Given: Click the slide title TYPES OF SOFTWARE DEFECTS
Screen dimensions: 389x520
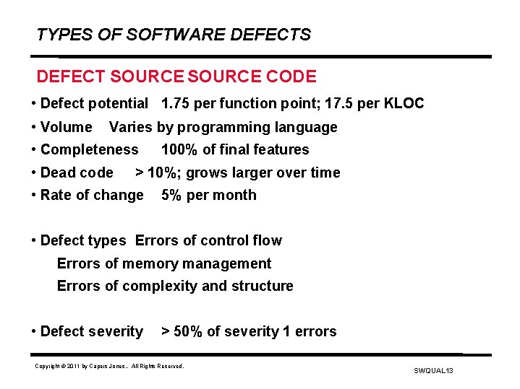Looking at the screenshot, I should click(174, 35).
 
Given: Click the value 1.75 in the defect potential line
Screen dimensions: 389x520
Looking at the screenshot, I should click(176, 104).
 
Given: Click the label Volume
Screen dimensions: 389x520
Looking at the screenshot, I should click(67, 128).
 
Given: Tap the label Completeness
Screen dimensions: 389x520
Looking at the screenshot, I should click(89, 150).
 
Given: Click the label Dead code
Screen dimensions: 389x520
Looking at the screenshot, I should click(77, 172).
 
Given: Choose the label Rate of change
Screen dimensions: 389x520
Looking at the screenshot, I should click(92, 195).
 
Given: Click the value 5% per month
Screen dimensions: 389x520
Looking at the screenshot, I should click(208, 195).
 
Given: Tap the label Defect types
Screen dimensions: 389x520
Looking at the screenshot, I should click(83, 240).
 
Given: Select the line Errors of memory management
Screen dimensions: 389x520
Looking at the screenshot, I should click(164, 263).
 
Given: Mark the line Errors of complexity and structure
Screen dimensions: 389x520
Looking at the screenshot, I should click(175, 286).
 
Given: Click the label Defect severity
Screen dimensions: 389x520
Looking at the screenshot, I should click(92, 331).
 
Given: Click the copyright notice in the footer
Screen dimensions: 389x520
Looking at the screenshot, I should click(110, 367).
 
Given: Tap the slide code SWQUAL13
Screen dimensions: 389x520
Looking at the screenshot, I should click(433, 370).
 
